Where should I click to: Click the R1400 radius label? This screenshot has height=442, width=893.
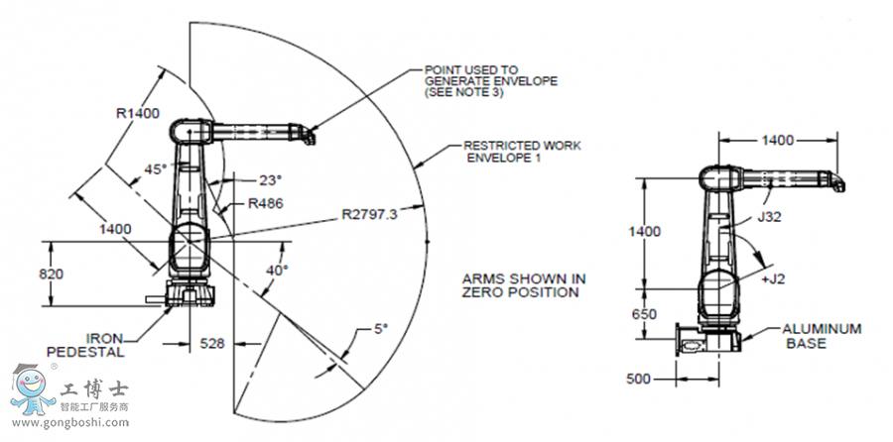click(138, 113)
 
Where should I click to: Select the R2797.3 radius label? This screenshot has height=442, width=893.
click(376, 212)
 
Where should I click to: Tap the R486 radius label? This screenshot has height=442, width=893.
click(265, 203)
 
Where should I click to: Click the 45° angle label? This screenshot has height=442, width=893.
click(156, 169)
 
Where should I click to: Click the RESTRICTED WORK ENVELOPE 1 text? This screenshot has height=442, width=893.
click(522, 152)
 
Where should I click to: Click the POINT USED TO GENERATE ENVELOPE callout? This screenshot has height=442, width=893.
click(490, 80)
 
